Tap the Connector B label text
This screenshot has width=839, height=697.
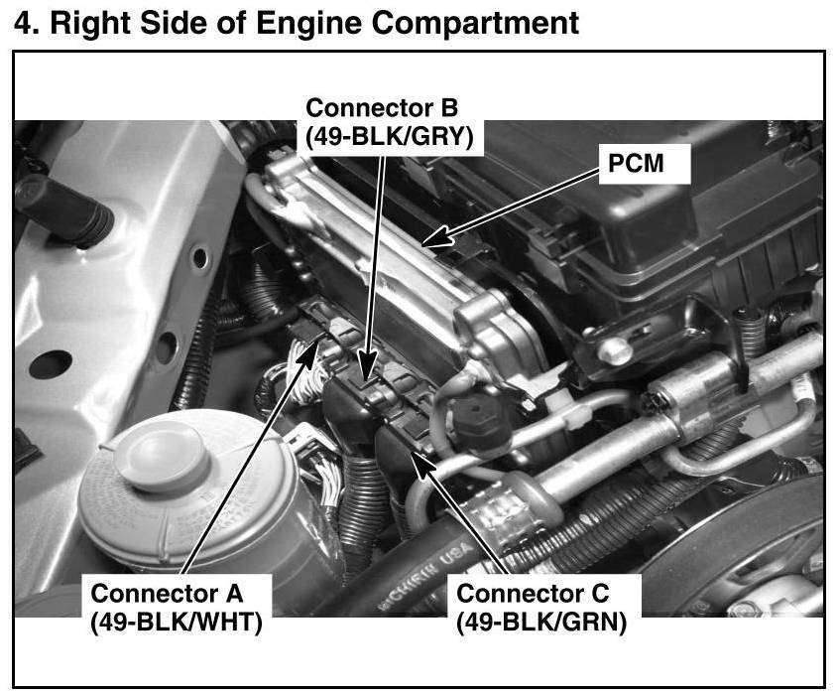382,107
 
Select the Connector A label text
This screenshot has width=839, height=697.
167,594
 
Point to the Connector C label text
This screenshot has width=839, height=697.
533,594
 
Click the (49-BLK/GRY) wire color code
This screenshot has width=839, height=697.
390,137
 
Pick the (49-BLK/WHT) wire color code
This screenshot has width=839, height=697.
177,623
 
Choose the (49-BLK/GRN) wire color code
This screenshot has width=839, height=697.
541,623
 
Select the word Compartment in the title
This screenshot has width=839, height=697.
475,24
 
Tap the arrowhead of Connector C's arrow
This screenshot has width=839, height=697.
422,465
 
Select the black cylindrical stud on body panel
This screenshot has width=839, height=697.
64,210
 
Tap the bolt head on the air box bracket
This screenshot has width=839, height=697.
615,349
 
